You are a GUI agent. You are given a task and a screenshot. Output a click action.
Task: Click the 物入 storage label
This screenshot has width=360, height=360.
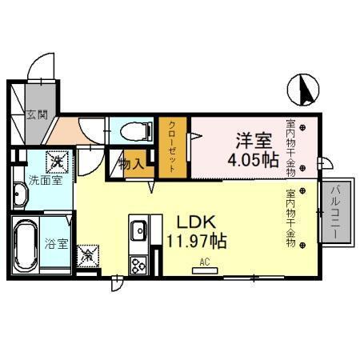click(x=130, y=164)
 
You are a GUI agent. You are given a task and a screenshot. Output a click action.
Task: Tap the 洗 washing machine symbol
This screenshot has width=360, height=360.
click(x=58, y=162)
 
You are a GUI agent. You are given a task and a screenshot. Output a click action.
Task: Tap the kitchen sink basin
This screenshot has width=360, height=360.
click(x=136, y=231)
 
